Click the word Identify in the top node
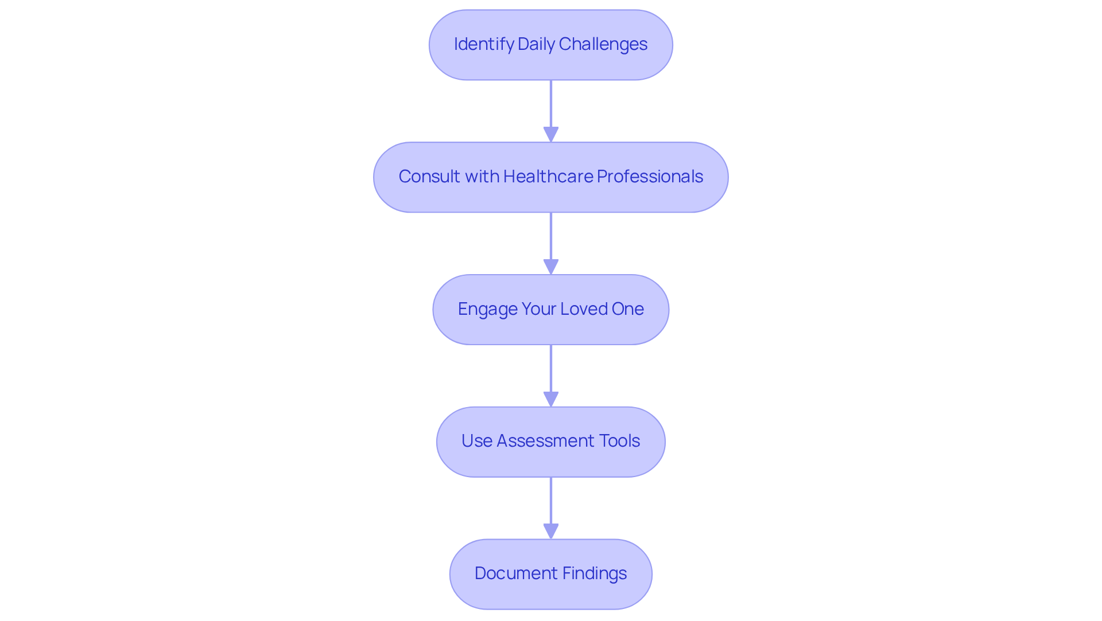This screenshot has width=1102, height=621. [483, 44]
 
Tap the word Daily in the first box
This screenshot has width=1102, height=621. [536, 44]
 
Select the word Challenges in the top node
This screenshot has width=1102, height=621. [603, 44]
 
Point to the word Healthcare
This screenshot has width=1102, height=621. [548, 177]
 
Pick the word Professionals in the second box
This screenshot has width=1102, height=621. [650, 177]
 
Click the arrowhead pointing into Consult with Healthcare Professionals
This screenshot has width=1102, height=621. [551, 135]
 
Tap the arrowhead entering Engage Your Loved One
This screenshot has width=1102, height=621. [551, 267]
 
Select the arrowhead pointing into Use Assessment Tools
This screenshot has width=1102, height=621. [551, 400]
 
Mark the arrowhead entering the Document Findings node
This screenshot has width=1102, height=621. [551, 532]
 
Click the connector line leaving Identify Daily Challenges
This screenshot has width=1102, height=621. [551, 103]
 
